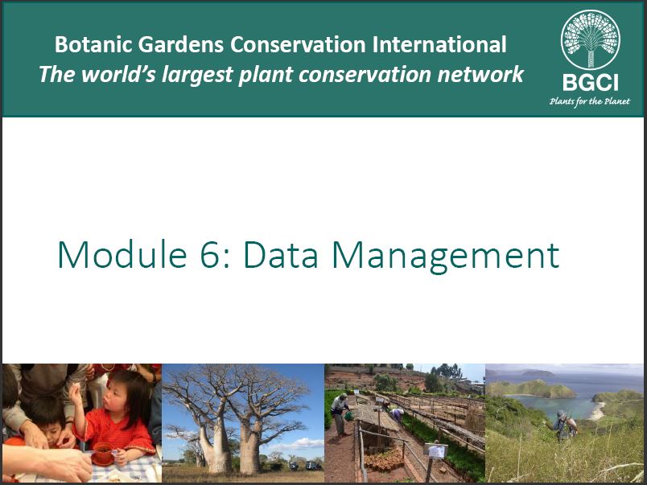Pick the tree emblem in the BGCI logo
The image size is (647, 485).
coord(590,39)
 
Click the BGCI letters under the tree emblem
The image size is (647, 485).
coord(590,83)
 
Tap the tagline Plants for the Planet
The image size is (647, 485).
coord(590,101)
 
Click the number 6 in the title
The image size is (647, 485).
coord(209,255)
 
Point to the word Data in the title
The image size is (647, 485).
coord(281,255)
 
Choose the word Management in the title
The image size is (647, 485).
coord(446,256)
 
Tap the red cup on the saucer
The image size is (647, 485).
coord(103,452)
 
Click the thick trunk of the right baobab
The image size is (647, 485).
coord(250,447)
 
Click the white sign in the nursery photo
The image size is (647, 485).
coord(435,451)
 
